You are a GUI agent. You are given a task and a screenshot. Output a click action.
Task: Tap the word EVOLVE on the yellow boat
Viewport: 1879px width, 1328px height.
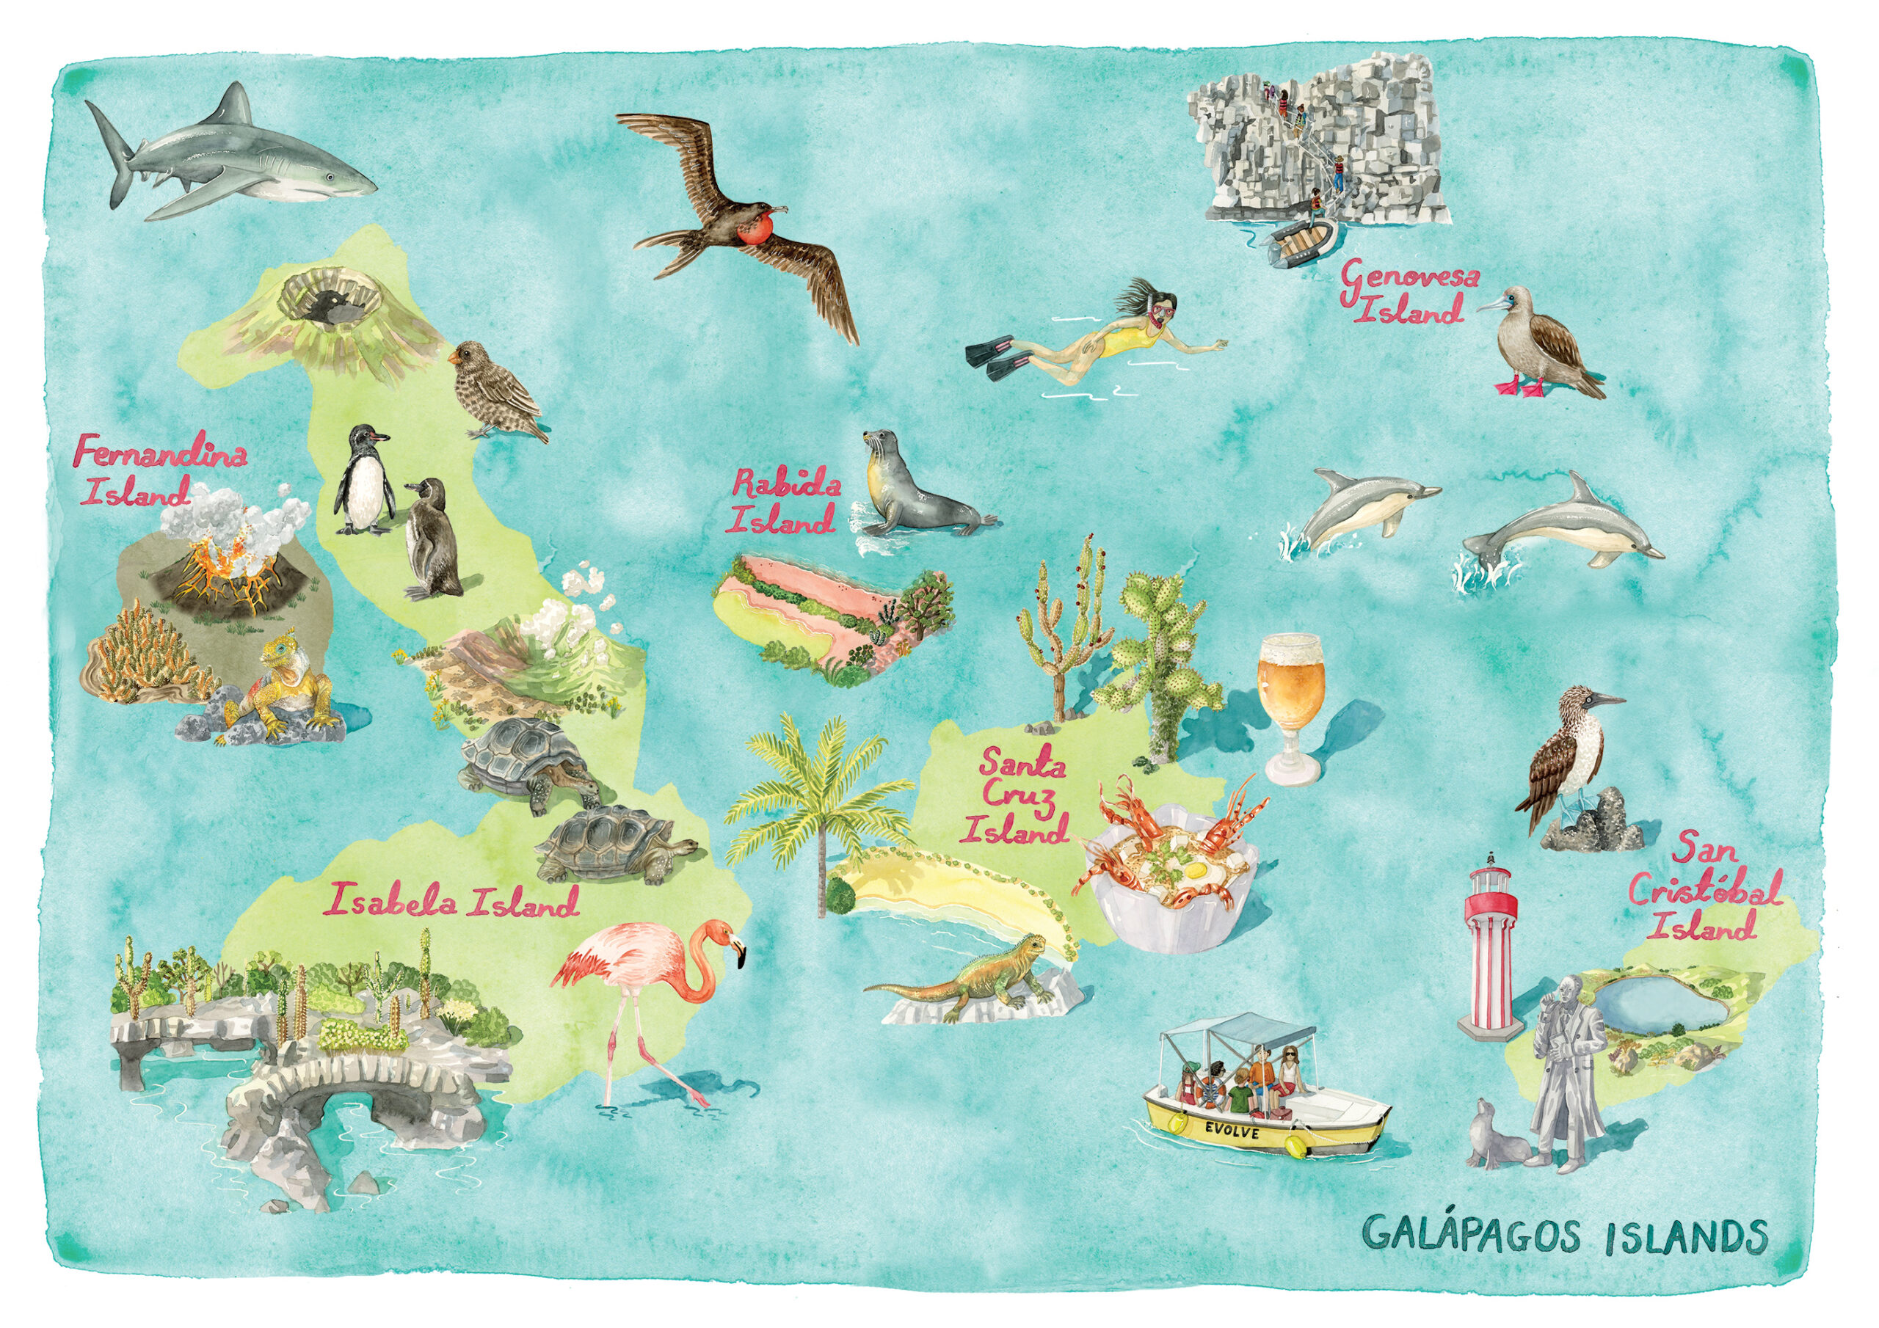(x=1232, y=1131)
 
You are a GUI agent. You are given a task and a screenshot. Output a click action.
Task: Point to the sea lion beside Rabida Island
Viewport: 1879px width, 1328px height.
(x=912, y=491)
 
